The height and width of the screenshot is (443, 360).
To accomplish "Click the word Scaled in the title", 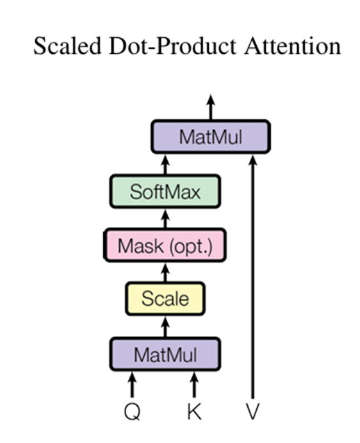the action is pyautogui.click(x=67, y=46).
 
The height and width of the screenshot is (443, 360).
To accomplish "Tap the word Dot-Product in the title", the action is pyautogui.click(x=172, y=46).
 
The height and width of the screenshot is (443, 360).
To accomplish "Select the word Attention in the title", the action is pyautogui.click(x=293, y=46).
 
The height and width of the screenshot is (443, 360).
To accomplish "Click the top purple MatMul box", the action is pyautogui.click(x=211, y=137).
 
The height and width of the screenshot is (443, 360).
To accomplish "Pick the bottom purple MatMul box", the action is pyautogui.click(x=165, y=354).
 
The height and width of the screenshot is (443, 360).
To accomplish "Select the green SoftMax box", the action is pyautogui.click(x=165, y=192).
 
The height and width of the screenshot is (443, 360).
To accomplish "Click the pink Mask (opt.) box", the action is pyautogui.click(x=165, y=246).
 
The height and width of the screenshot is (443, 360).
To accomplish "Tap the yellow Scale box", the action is pyautogui.click(x=165, y=299).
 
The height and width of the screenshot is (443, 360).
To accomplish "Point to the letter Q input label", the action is pyautogui.click(x=132, y=412).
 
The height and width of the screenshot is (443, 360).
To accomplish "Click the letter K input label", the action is pyautogui.click(x=194, y=412).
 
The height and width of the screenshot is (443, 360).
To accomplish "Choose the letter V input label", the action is pyautogui.click(x=253, y=412).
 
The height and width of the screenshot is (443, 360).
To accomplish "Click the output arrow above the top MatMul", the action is pyautogui.click(x=211, y=107).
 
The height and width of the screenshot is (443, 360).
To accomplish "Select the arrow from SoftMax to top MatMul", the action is pyautogui.click(x=165, y=165).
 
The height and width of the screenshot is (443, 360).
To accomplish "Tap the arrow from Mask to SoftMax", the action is pyautogui.click(x=165, y=219).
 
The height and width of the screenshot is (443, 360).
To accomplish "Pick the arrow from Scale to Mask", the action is pyautogui.click(x=165, y=272).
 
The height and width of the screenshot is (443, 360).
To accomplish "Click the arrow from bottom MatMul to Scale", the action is pyautogui.click(x=165, y=327).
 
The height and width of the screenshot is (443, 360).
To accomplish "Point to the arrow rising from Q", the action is pyautogui.click(x=132, y=385).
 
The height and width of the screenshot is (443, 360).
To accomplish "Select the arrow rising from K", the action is pyautogui.click(x=194, y=385).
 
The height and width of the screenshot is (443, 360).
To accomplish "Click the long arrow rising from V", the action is pyautogui.click(x=253, y=277).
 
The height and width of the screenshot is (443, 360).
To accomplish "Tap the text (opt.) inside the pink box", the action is pyautogui.click(x=191, y=247).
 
